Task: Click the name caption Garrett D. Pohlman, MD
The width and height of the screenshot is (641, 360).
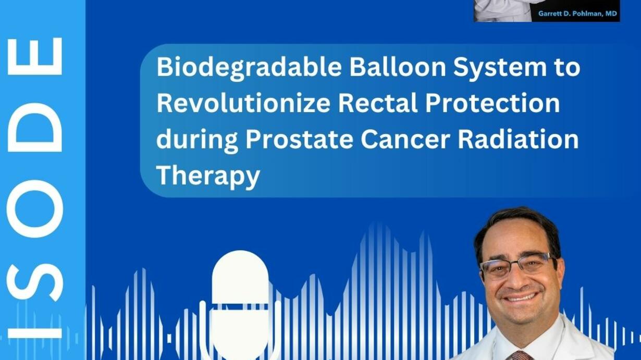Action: (577, 14)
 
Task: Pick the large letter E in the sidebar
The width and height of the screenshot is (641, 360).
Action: (34, 56)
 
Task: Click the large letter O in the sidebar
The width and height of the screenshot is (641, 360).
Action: (34, 208)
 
